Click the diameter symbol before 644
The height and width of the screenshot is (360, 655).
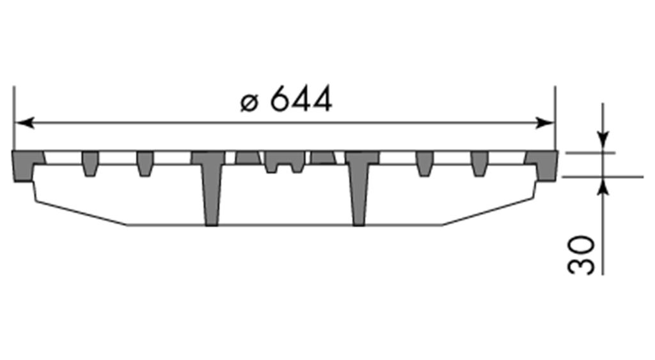(x=249, y=103)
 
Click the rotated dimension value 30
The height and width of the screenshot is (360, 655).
(x=581, y=255)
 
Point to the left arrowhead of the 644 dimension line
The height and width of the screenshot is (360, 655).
(x=23, y=122)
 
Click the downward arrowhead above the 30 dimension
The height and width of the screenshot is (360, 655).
(x=603, y=142)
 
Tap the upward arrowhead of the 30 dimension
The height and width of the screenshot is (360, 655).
(x=603, y=185)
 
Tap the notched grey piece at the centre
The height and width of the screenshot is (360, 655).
(x=285, y=160)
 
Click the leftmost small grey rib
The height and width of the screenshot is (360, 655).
(x=90, y=163)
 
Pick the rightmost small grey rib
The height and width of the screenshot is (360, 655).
(x=479, y=163)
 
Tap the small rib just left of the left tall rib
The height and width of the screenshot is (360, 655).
(x=145, y=163)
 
